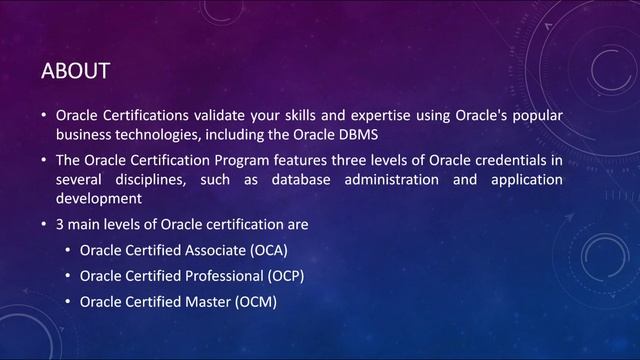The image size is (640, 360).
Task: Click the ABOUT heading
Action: click(75, 71)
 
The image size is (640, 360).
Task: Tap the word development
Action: click(99, 197)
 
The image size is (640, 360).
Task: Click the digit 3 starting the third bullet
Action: click(60, 223)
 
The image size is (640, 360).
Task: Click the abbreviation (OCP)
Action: click(283, 275)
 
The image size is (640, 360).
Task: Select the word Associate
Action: click(214, 249)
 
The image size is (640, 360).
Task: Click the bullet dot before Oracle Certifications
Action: click(43, 117)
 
